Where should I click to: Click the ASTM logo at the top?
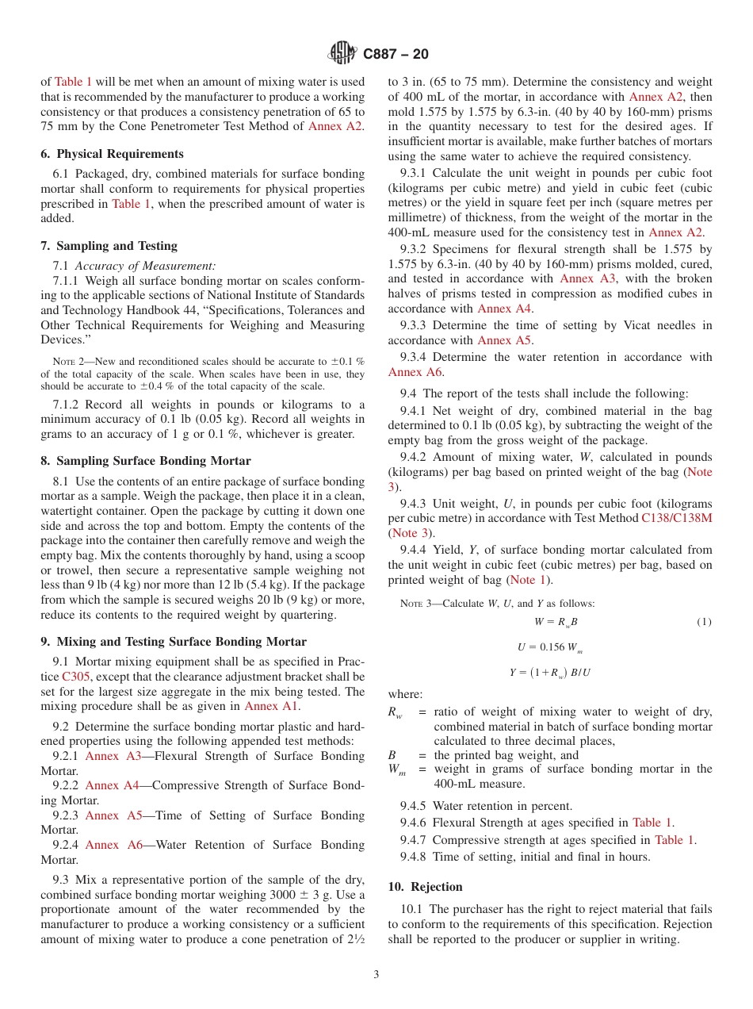343,54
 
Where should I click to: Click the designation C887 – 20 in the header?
396,54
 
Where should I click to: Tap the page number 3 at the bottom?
376,975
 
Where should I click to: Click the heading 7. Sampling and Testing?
109,246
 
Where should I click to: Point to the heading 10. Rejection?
425,887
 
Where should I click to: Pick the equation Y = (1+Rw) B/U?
550,673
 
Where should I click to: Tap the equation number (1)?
704,622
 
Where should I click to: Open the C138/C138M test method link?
676,518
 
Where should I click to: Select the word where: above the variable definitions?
405,694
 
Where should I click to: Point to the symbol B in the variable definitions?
392,755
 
